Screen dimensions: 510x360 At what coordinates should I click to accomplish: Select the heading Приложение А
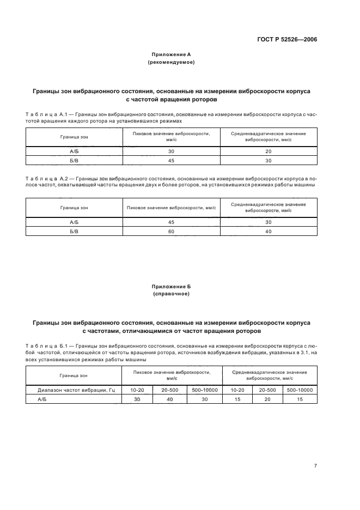[x=171, y=54]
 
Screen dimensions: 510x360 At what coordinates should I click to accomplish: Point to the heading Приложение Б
[x=171, y=286]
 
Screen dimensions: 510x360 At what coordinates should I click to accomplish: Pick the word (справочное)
[x=171, y=294]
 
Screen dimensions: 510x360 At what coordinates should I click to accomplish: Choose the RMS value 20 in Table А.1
[x=268, y=151]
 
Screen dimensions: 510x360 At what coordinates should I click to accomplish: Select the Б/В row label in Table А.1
[x=74, y=160]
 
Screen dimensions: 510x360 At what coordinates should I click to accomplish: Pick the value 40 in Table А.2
[x=268, y=232]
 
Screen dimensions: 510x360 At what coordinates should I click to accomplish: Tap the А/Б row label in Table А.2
[x=74, y=222]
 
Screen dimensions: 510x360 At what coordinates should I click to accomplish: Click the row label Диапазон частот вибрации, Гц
[x=74, y=390]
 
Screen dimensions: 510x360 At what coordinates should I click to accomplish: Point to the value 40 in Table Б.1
[x=169, y=399]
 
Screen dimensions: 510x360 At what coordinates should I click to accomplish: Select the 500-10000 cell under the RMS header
[x=300, y=390]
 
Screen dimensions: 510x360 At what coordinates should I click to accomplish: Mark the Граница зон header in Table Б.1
[x=74, y=375]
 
